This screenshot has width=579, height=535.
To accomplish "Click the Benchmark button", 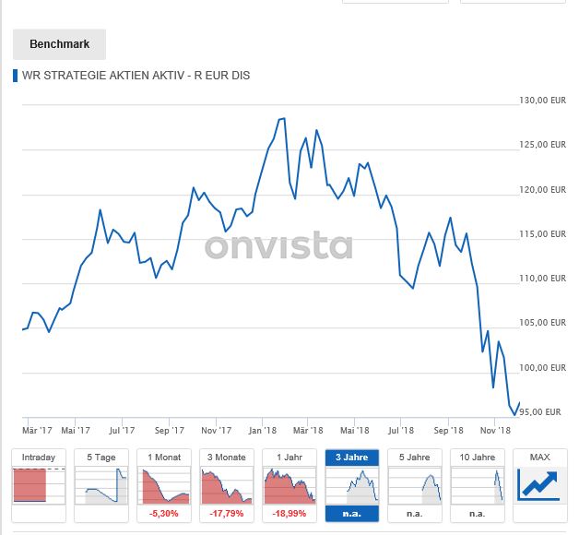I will pos(59,44).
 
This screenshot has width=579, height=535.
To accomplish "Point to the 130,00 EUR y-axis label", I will pos(542,101).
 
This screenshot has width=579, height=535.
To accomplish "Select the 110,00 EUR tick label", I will pos(542,279).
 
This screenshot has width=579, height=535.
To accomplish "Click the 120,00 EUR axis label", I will pos(542,190).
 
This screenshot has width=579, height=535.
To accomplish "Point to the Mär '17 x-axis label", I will pos(38,430).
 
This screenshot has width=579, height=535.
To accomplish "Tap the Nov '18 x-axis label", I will pos(494,430).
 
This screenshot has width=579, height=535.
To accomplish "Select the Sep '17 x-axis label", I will pos(171,430).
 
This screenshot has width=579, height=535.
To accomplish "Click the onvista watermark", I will pos(278,247).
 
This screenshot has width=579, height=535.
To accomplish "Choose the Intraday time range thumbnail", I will pos(39,485).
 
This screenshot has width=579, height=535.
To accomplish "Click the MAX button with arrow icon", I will pos(539,485).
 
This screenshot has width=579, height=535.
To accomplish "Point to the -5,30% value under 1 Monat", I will pos(163,513).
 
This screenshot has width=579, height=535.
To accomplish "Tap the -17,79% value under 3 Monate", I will pos(226,513).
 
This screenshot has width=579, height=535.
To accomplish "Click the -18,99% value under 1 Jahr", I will pos(289,513).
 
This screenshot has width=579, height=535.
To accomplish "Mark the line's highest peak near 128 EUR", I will pos(283,119).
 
